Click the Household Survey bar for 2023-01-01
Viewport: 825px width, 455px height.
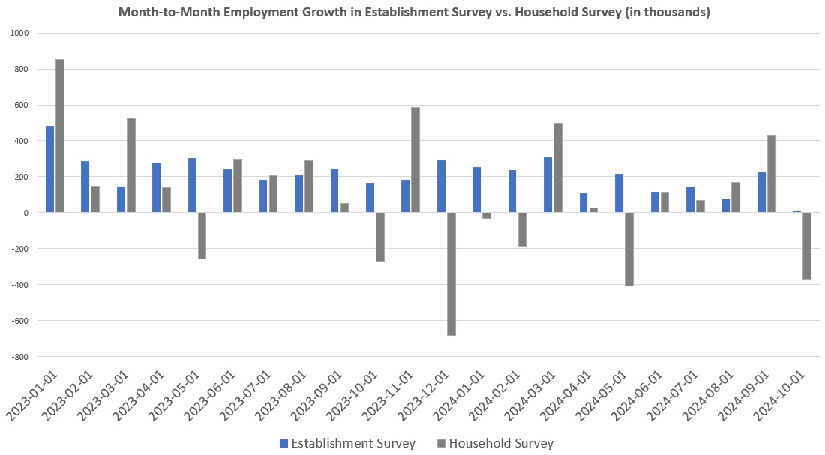click(x=60, y=136)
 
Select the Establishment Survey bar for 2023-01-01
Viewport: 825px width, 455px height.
click(x=50, y=169)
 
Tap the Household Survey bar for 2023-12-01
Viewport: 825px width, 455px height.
click(x=451, y=274)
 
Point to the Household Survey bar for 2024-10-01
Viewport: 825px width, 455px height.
click(x=807, y=246)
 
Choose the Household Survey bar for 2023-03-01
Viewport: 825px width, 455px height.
click(x=131, y=166)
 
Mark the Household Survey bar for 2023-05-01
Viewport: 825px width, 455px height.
click(x=202, y=235)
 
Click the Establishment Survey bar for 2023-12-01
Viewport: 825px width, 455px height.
click(x=442, y=187)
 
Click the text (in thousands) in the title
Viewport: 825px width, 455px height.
click(x=666, y=12)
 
